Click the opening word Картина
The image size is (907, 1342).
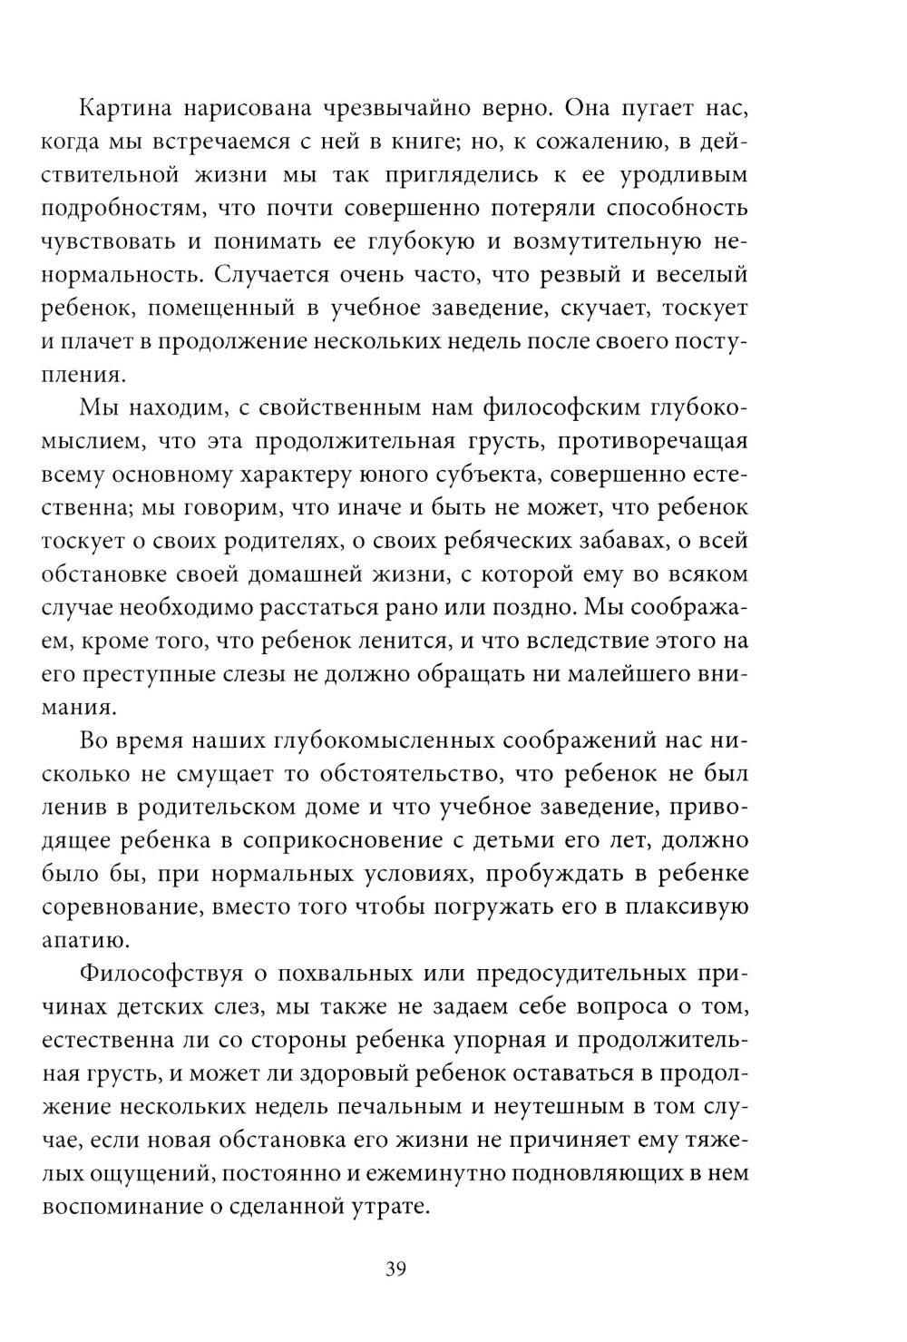130,109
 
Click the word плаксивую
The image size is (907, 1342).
684,906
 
